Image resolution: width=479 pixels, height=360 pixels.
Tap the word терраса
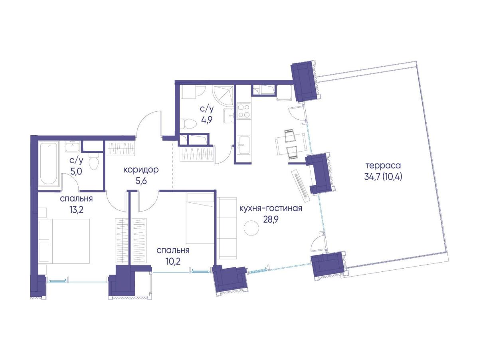[x=383, y=166]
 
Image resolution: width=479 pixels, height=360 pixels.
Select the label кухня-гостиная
[x=271, y=209]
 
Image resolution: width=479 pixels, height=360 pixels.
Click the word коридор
[x=141, y=170]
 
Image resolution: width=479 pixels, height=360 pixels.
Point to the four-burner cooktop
[x=243, y=111]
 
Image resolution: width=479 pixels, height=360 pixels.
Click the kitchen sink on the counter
[x=243, y=144]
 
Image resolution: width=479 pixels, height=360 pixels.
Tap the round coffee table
[x=251, y=228]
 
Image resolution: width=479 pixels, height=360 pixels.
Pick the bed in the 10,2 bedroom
[x=200, y=218]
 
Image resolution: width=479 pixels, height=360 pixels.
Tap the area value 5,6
[x=141, y=181]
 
